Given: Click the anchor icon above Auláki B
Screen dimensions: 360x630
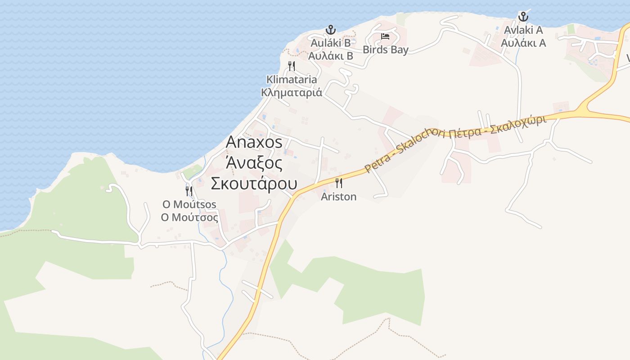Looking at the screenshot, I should click(331, 30).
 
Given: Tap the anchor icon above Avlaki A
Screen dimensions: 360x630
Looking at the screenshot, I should click(523, 17).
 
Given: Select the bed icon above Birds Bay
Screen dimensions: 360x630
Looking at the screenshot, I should click(385, 36).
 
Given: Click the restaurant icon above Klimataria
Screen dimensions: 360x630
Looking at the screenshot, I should click(292, 66).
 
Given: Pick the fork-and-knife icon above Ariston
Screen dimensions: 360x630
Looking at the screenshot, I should click(339, 183).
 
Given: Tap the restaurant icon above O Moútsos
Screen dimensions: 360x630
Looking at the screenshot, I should click(189, 191).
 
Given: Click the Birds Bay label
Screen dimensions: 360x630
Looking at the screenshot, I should click(386, 49).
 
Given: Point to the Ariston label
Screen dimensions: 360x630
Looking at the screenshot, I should click(338, 197).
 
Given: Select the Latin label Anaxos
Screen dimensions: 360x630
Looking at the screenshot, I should click(254, 142).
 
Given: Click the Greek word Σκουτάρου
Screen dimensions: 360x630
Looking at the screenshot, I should click(254, 184).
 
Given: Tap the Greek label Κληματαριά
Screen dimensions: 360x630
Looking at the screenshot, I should click(292, 93).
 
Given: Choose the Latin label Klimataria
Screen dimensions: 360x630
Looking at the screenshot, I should click(292, 80).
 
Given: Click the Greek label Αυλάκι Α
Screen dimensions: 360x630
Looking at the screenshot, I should click(523, 43).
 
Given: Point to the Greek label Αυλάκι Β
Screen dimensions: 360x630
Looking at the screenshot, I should click(331, 56).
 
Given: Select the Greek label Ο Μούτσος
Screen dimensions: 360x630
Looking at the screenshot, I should click(189, 217).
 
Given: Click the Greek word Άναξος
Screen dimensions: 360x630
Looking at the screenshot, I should click(254, 162).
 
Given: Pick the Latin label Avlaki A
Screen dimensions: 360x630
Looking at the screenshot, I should click(523, 30).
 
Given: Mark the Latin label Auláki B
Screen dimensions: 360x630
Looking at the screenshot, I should click(331, 43).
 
